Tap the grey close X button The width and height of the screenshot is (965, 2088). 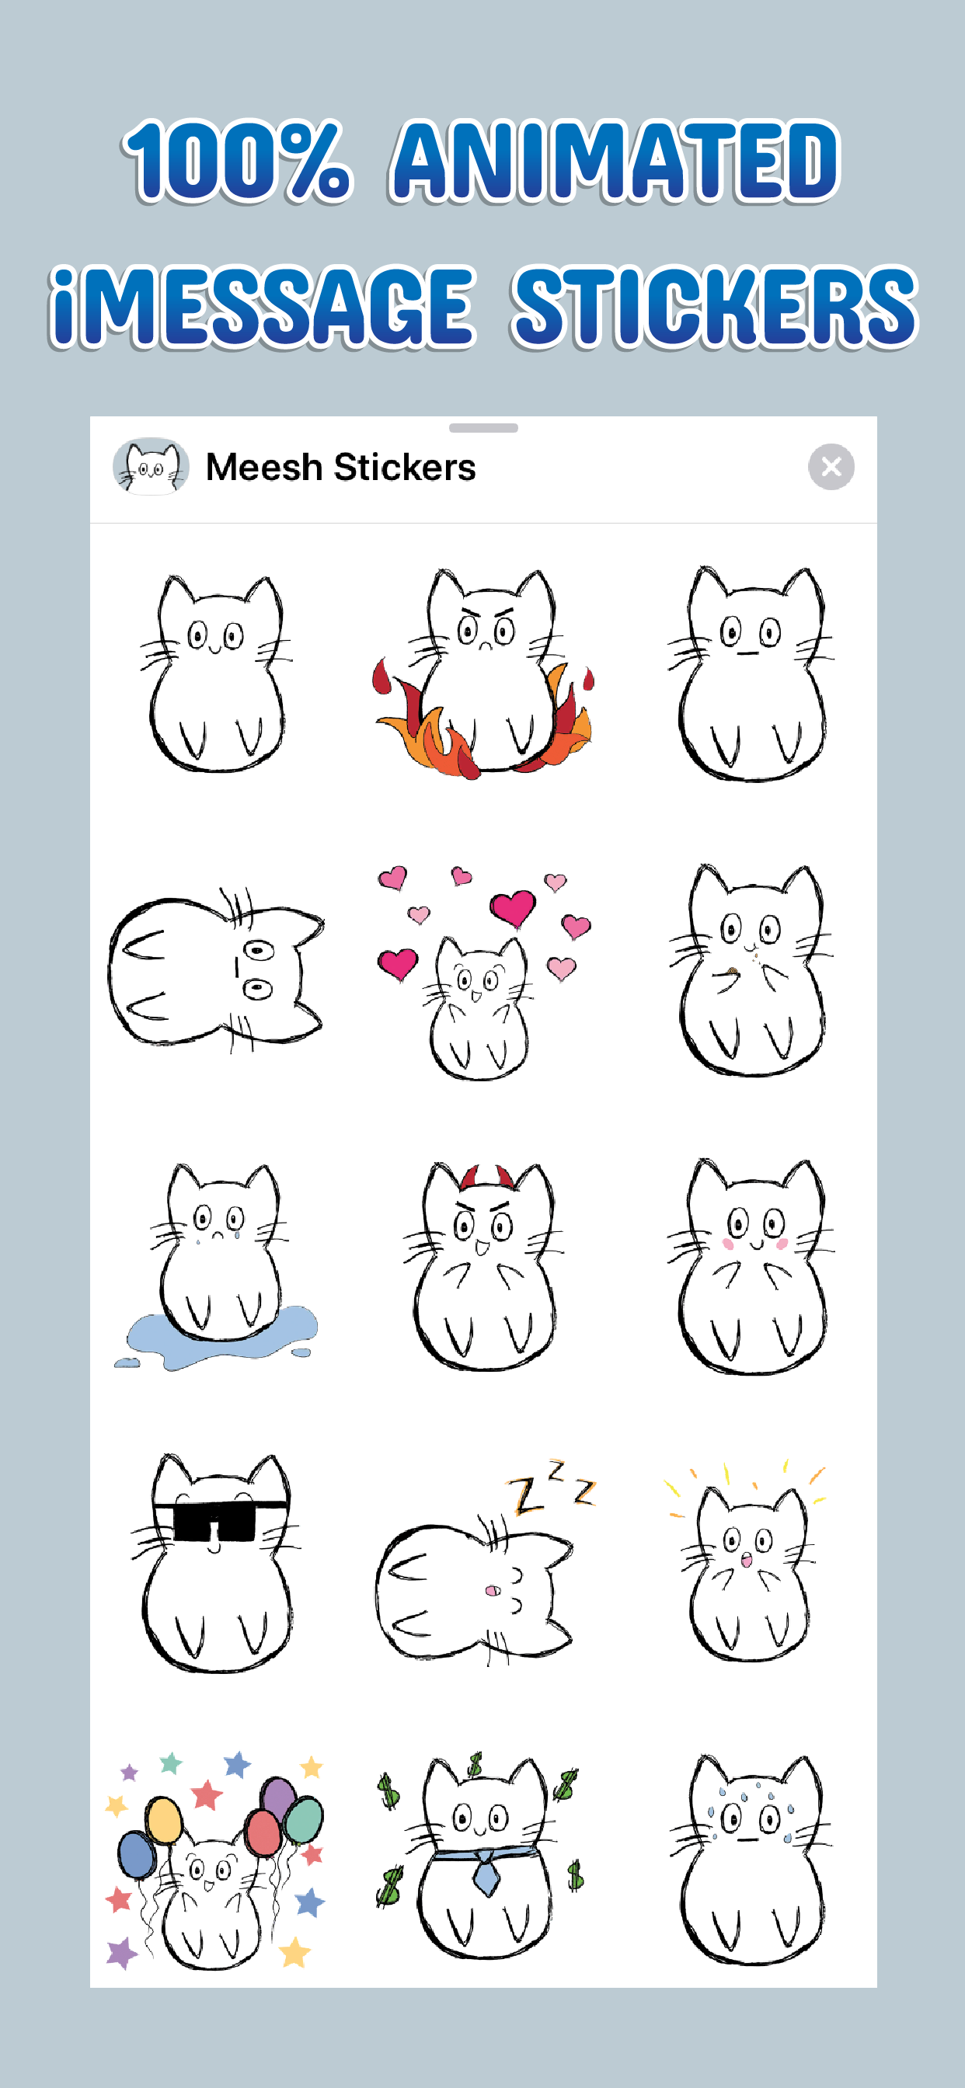pos(831,467)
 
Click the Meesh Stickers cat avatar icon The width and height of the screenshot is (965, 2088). pos(151,466)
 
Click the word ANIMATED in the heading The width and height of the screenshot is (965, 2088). pos(615,161)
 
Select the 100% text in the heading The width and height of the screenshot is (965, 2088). pos(236,161)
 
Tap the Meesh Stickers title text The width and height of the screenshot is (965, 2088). pos(340,467)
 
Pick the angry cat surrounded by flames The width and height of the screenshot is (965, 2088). pos(484,673)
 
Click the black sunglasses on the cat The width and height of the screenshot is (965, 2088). pos(219,1517)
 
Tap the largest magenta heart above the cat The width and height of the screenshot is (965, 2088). pos(513,908)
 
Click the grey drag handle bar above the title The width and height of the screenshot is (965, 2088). pos(483,428)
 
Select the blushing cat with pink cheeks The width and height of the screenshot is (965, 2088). pos(750,1267)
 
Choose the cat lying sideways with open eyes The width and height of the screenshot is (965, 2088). pos(216,969)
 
